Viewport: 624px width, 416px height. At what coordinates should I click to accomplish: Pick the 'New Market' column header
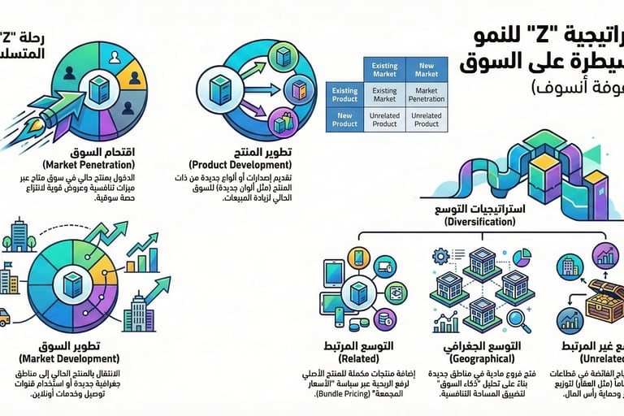coord(426,70)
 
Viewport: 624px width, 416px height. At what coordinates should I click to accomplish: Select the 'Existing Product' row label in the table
coord(344,95)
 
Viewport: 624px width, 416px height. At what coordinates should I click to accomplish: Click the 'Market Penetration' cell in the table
coord(426,95)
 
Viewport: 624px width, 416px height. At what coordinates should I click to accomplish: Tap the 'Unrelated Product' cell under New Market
coord(426,120)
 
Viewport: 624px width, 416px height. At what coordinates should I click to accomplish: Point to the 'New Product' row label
coord(344,120)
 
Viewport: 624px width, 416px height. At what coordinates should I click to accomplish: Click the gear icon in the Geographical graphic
coord(442,256)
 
